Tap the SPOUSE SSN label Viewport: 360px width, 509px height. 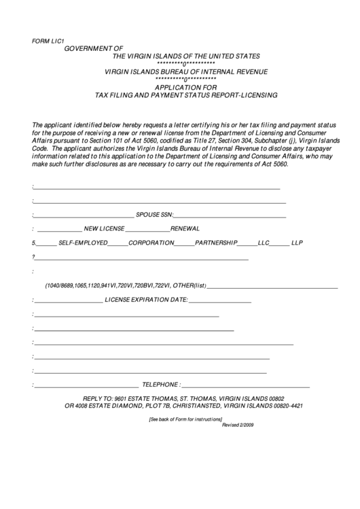pyautogui.click(x=155, y=214)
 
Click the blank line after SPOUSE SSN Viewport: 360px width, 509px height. pyautogui.click(x=230, y=215)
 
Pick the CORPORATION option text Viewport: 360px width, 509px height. pyautogui.click(x=151, y=242)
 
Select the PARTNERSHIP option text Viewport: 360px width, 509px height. pyautogui.click(x=216, y=242)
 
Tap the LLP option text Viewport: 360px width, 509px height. pyautogui.click(x=297, y=242)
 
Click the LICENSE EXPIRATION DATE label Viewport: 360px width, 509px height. pyautogui.click(x=146, y=300)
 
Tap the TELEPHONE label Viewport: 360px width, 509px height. pyautogui.click(x=160, y=384)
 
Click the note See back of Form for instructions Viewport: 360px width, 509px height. pyautogui.click(x=185, y=419)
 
